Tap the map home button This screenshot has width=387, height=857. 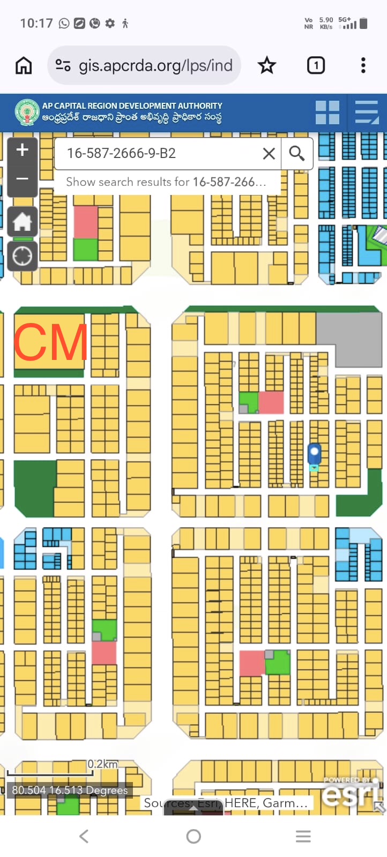coord(23,221)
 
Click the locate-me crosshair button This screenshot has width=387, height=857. coord(23,257)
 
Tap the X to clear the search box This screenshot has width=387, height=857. coord(269,154)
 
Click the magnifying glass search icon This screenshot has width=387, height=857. coord(296,154)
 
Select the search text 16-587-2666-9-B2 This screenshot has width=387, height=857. coord(122,154)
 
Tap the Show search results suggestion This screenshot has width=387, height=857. coord(166,182)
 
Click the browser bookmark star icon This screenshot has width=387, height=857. coord(266,65)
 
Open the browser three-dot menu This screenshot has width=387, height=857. coord(363,65)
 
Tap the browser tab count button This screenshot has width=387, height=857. coord(316,65)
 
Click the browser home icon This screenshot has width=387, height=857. coord(24,65)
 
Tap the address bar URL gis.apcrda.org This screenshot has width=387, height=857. coord(155,65)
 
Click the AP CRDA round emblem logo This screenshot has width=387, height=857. coord(27,112)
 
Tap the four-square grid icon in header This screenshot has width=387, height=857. coord(327,112)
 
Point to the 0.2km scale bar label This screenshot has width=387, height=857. coord(102,764)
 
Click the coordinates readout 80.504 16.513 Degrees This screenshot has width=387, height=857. coord(70,790)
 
